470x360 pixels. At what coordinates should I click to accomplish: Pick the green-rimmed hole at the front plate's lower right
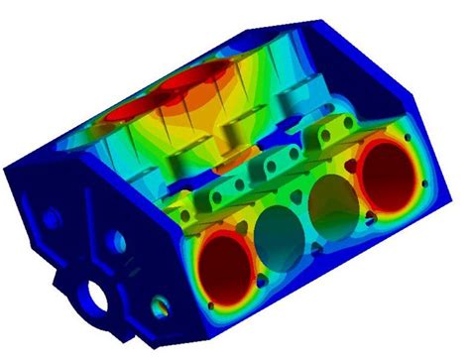158,298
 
